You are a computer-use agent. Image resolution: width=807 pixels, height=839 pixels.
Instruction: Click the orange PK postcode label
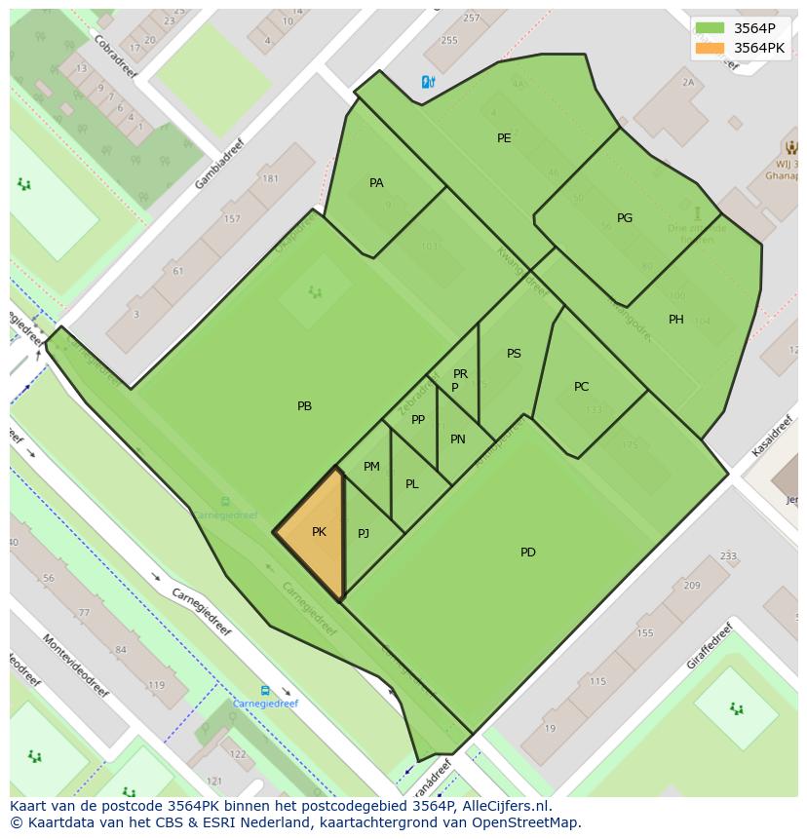coord(319,532)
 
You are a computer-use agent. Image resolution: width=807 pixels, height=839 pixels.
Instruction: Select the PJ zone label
coord(364,533)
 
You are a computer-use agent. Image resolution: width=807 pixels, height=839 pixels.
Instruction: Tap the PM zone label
coord(371,467)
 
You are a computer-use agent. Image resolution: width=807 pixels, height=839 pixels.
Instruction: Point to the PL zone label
coord(412,484)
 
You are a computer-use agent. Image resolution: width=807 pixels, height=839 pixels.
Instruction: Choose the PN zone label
coord(458,439)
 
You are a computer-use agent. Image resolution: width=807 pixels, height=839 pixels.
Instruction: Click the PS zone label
coord(514,354)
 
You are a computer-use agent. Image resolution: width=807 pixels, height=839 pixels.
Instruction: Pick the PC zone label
coord(582,387)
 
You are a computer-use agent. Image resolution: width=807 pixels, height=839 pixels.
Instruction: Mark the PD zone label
coord(528,553)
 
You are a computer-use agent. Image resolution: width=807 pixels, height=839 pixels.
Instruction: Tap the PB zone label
coord(305,406)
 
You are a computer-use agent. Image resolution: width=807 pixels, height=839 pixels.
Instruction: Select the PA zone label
coord(376,183)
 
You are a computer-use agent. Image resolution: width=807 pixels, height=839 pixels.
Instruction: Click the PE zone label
coord(504,138)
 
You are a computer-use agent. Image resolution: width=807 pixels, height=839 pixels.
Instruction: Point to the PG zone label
coord(625,218)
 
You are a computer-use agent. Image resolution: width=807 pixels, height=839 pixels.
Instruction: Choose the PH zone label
coord(676,320)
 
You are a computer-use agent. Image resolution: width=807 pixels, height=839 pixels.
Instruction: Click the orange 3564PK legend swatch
coord(711,48)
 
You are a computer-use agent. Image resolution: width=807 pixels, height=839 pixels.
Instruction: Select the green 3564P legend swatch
coord(711,28)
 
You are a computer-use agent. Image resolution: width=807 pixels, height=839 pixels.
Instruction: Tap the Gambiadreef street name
coord(219,163)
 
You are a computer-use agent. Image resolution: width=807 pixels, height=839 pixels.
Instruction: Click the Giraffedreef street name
coord(709,645)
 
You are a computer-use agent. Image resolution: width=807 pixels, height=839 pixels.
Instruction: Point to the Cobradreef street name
coord(116,56)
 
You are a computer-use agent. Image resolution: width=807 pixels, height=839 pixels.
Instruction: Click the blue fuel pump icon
coord(427,83)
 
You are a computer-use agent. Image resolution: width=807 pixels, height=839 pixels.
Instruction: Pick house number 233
coord(728,556)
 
